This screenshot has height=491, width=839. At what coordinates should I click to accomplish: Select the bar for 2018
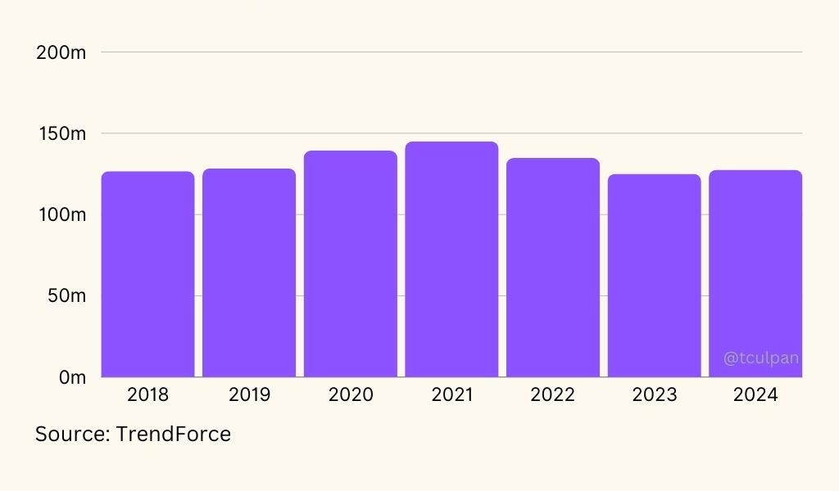click(x=148, y=274)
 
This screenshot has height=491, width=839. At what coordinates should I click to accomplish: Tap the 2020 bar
click(x=351, y=264)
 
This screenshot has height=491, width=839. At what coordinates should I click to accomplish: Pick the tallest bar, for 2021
click(x=451, y=259)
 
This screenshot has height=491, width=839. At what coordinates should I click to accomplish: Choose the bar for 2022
click(x=553, y=268)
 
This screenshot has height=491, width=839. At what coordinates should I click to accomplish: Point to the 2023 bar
click(x=654, y=276)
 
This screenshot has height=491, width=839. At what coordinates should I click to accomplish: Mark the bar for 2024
click(x=755, y=273)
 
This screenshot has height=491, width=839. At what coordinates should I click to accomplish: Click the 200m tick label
click(x=61, y=52)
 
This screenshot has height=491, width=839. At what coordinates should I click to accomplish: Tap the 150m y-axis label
click(x=61, y=133)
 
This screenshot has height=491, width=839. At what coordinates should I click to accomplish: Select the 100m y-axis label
click(x=61, y=214)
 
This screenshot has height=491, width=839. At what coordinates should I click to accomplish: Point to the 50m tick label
click(x=66, y=295)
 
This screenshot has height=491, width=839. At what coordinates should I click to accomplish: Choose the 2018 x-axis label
click(x=148, y=395)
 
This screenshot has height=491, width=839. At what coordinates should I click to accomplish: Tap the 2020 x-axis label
click(x=351, y=395)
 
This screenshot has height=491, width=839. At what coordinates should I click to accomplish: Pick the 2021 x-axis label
click(x=451, y=395)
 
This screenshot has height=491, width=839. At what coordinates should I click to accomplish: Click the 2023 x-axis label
click(x=654, y=395)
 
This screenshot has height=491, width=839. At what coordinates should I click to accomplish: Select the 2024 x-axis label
click(x=755, y=395)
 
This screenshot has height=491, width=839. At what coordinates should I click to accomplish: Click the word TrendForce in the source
click(x=173, y=434)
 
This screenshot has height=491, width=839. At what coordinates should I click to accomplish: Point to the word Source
click(x=71, y=434)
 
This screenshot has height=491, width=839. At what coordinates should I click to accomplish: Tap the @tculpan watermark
click(x=761, y=358)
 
